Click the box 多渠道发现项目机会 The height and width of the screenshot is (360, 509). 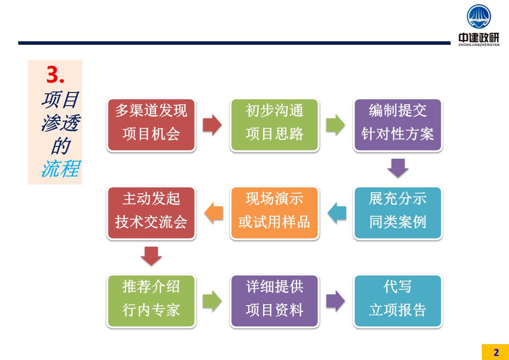pyautogui.click(x=151, y=125)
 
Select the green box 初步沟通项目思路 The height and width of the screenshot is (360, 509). pyautogui.click(x=274, y=125)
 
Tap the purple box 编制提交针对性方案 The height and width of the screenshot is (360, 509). pyautogui.click(x=398, y=125)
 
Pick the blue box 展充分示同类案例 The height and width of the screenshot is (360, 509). pyautogui.click(x=398, y=213)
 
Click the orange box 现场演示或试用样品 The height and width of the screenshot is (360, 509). pyautogui.click(x=274, y=213)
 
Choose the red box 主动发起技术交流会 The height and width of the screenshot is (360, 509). pyautogui.click(x=151, y=213)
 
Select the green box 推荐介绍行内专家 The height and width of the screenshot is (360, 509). pyautogui.click(x=151, y=301)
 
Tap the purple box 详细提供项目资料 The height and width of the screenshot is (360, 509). pyautogui.click(x=274, y=301)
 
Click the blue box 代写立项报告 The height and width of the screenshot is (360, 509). pyautogui.click(x=398, y=301)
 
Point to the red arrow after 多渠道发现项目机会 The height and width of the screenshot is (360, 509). pyautogui.click(x=212, y=125)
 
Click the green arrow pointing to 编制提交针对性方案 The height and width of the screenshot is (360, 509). pyautogui.click(x=335, y=125)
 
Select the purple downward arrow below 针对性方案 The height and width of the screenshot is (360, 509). pyautogui.click(x=398, y=168)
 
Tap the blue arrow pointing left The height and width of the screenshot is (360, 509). pyautogui.click(x=337, y=213)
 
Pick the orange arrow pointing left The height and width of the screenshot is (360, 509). pyautogui.click(x=214, y=213)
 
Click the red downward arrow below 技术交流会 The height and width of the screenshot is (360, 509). pyautogui.click(x=151, y=256)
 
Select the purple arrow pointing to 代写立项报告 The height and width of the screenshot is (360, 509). pyautogui.click(x=335, y=301)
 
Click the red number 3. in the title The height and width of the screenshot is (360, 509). pyautogui.click(x=55, y=75)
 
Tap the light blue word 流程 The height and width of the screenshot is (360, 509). pyautogui.click(x=61, y=169)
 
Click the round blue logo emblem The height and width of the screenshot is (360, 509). pyautogui.click(x=479, y=16)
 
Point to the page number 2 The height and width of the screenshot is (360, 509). pyautogui.click(x=496, y=353)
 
